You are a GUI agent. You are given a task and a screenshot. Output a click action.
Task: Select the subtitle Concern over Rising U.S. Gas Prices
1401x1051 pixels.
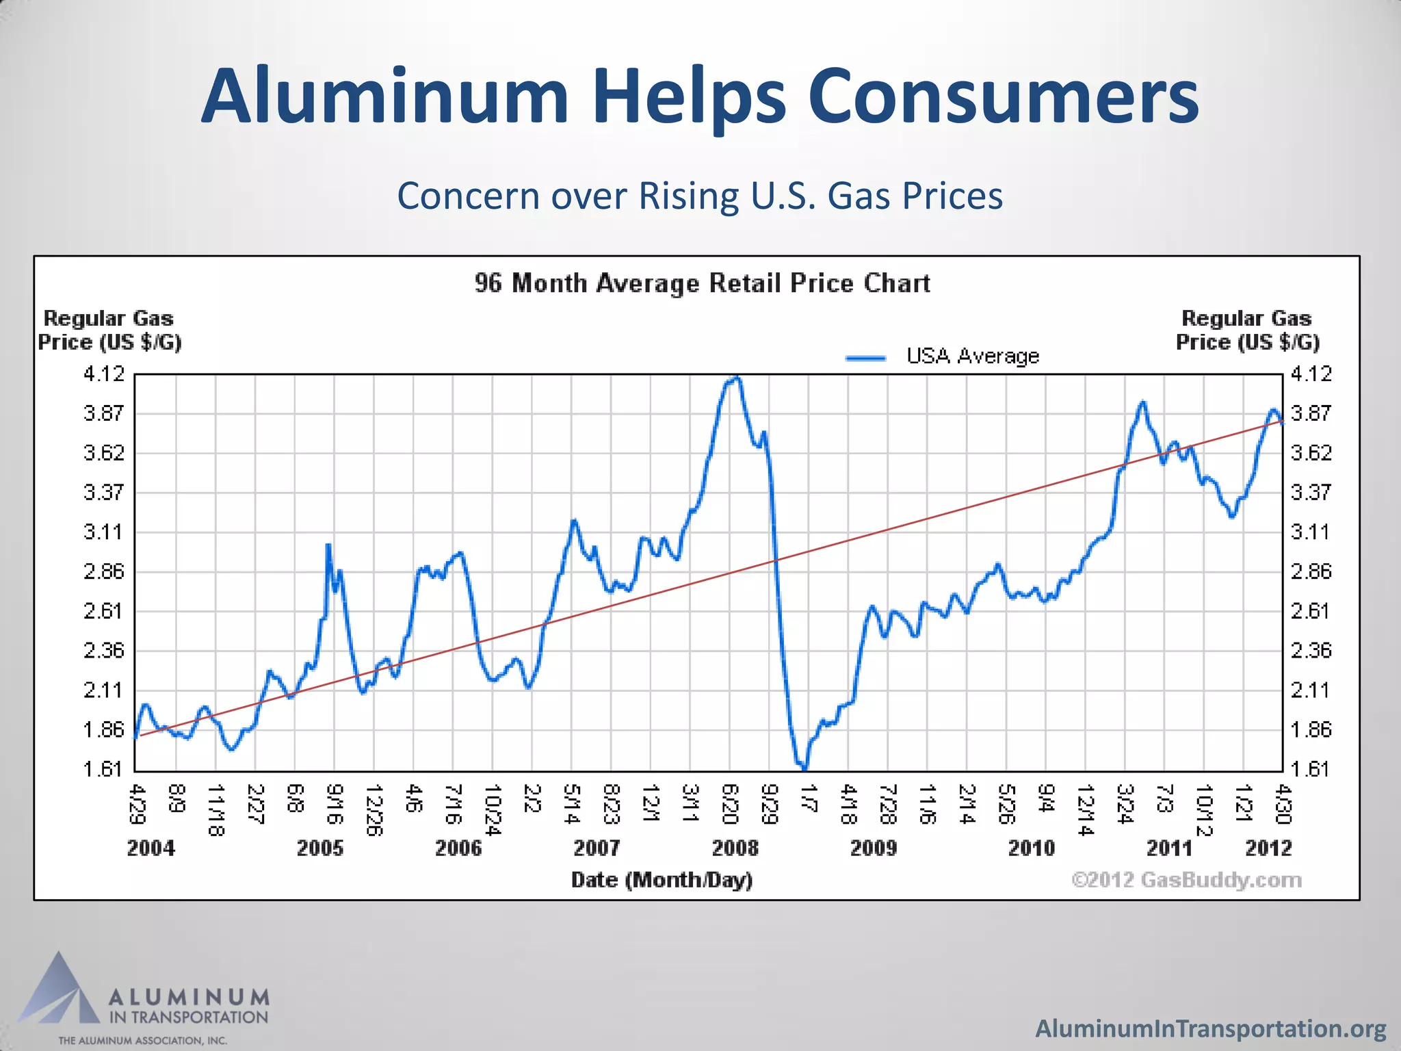(700, 196)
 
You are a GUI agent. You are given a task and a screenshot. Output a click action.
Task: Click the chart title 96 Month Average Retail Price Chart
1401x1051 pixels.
(702, 283)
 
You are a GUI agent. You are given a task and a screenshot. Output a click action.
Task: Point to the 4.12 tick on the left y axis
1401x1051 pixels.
(104, 374)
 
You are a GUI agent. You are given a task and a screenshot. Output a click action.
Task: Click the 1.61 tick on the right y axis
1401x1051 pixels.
(1311, 769)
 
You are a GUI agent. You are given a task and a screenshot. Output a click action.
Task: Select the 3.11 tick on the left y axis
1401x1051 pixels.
(104, 532)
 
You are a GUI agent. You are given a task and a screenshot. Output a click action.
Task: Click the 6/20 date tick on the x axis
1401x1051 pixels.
(730, 805)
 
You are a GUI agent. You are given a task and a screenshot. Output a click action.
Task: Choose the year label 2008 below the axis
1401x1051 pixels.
(735, 848)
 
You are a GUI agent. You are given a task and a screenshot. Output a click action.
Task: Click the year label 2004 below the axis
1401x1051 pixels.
(151, 848)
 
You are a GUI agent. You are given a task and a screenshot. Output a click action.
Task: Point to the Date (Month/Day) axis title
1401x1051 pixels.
(662, 880)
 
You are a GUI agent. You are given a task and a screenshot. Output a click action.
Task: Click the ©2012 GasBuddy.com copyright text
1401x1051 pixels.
(1186, 880)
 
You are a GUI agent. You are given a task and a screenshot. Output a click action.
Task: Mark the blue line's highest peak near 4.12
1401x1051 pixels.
(735, 378)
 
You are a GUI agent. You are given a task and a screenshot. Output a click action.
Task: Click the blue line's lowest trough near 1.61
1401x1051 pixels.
(804, 768)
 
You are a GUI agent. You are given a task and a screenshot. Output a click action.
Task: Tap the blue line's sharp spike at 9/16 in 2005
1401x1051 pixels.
(328, 546)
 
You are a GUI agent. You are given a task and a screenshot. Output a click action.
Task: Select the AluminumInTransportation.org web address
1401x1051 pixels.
(1210, 1028)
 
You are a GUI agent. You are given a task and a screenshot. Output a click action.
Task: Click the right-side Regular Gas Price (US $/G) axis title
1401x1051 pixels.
(1247, 330)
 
